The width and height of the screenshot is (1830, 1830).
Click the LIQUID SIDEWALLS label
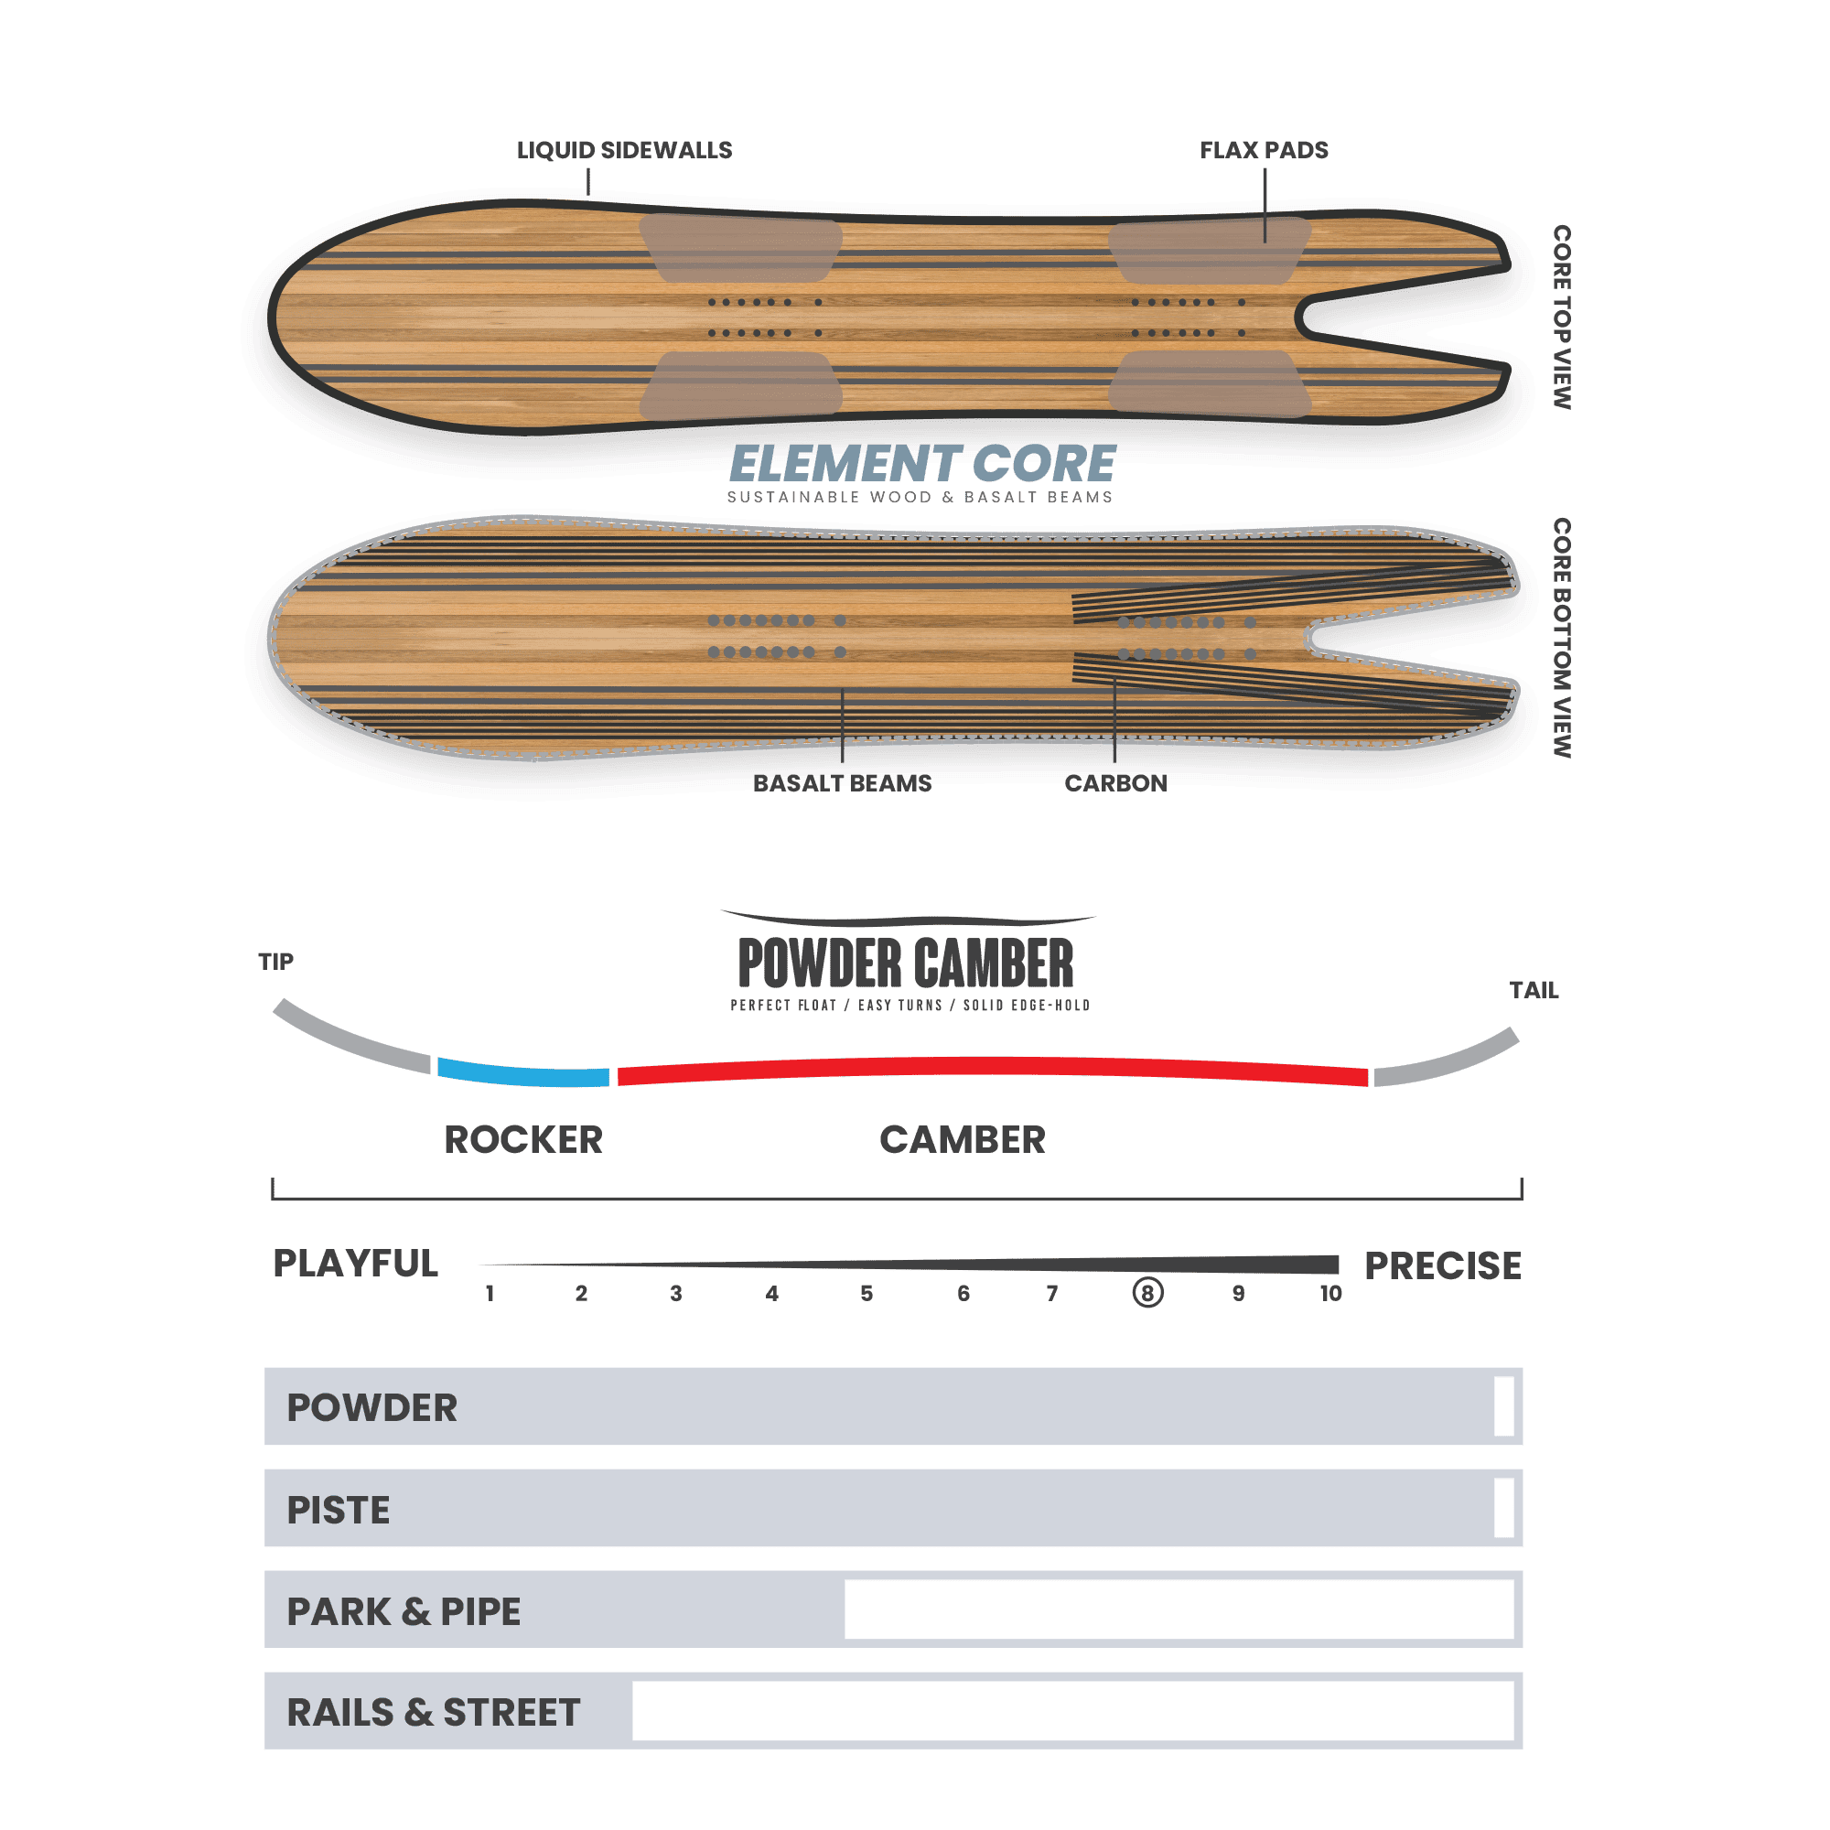pos(624,150)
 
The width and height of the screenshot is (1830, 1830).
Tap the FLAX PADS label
pos(1264,150)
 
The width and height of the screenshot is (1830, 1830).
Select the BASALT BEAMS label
pos(842,783)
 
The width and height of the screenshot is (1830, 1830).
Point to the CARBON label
pos(1115,783)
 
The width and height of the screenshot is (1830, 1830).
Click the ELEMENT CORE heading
pos(922,464)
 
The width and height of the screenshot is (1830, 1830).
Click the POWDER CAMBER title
pos(906,963)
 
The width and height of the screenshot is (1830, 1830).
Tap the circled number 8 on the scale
pos(1148,1293)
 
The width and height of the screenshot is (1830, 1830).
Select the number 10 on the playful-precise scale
pos(1330,1294)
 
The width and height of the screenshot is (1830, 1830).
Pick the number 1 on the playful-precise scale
pos(490,1294)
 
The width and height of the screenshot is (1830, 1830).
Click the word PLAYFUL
pos(355,1264)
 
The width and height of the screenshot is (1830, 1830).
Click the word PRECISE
pos(1443,1265)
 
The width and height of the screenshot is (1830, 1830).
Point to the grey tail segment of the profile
pos(1448,1060)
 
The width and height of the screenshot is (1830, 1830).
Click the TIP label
pos(275,962)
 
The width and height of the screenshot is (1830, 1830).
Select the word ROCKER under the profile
pos(522,1139)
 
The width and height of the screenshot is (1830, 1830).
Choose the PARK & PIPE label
pos(404,1611)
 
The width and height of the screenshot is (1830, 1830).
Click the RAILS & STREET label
pos(433,1713)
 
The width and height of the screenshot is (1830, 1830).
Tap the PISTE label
pos(339,1510)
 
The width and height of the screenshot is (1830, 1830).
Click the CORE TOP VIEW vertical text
pos(1562,318)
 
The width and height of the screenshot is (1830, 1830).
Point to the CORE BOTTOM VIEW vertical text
pos(1562,638)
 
